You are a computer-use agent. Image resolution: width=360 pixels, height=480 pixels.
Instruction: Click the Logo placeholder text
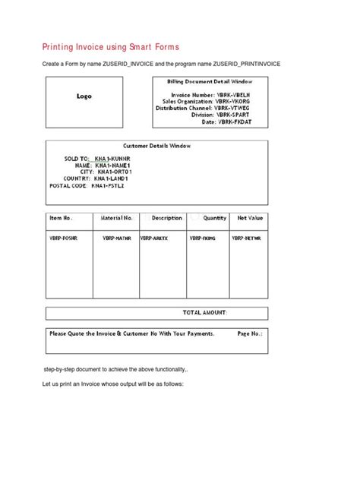(84, 96)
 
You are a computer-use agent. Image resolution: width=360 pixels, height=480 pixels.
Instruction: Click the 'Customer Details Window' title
(157, 145)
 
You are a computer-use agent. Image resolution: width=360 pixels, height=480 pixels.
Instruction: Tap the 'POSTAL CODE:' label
(67, 185)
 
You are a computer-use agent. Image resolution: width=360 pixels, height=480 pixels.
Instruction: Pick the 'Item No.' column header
(61, 218)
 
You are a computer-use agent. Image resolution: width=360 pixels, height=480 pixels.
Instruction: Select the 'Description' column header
(166, 218)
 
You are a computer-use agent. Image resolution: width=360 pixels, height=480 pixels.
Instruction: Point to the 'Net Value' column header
(250, 218)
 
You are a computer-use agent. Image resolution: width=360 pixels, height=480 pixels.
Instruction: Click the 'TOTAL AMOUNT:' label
(204, 312)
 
